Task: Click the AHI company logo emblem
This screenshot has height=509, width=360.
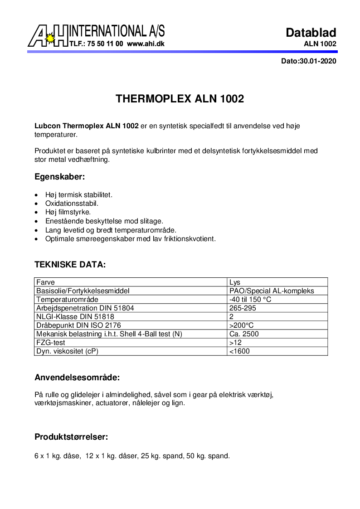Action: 48,36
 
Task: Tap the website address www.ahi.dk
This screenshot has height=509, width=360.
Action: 146,44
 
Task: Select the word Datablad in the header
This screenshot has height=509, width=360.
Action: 311,33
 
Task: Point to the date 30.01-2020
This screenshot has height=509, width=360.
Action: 317,61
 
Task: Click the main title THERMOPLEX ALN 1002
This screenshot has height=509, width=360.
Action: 180,99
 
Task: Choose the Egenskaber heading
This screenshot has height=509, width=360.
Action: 60,176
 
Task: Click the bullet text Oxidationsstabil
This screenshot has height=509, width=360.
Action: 72,204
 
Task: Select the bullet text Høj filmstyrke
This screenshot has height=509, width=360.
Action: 68,212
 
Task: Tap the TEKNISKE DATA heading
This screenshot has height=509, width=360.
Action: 70,264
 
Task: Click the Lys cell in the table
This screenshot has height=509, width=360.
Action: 235,282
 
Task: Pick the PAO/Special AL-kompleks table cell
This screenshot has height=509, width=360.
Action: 272,291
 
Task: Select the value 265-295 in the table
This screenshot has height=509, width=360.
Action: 243,308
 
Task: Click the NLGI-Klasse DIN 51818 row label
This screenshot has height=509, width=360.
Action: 75,317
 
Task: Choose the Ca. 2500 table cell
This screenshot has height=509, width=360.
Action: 244,334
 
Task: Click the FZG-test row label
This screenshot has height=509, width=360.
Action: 51,343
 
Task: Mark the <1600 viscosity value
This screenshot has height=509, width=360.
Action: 239,351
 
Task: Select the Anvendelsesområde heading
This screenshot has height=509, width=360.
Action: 77,377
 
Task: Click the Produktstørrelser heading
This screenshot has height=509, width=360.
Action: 71,437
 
